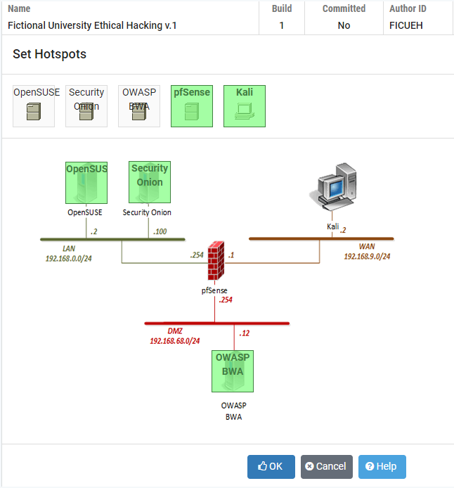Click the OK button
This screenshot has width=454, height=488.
pos(271,466)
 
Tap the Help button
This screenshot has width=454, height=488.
pos(382,466)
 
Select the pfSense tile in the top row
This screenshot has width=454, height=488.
pos(192,106)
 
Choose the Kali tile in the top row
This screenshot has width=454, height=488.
pos(245,106)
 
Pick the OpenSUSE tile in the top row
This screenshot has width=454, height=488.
pos(34,106)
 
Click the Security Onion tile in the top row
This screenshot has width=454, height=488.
pos(86,106)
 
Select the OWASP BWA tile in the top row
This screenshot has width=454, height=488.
pos(139,106)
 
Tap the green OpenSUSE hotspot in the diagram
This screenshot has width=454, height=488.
pos(86,182)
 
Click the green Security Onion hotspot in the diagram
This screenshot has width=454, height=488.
pos(150,182)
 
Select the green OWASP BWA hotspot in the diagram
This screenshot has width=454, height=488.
pos(233,371)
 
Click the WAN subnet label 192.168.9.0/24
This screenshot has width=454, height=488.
pos(367,257)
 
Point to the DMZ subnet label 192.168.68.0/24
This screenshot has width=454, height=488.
pos(174,341)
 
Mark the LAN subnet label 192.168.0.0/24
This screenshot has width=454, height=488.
pos(69,258)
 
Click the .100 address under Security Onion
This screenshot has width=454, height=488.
pos(160,231)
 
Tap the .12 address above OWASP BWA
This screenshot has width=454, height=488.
pos(245,333)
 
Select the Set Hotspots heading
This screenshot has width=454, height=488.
pos(49,54)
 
